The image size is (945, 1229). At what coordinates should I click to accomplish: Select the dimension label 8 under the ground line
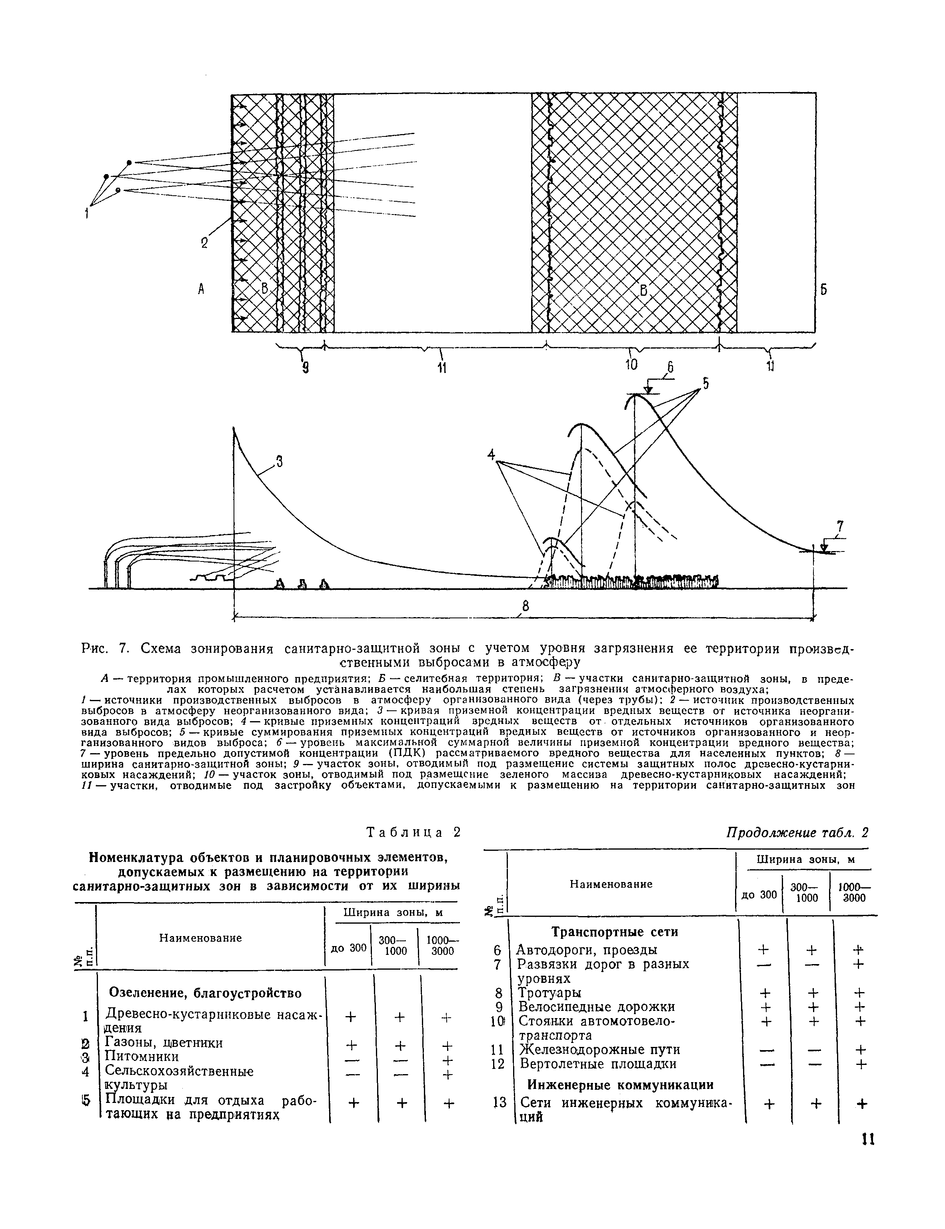(x=525, y=606)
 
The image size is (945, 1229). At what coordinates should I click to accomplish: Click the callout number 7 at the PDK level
(x=840, y=526)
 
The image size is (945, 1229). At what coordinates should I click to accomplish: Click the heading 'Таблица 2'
(x=414, y=832)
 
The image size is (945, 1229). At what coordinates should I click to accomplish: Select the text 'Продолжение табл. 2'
(x=797, y=832)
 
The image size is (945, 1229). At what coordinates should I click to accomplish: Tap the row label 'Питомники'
(x=142, y=1057)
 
